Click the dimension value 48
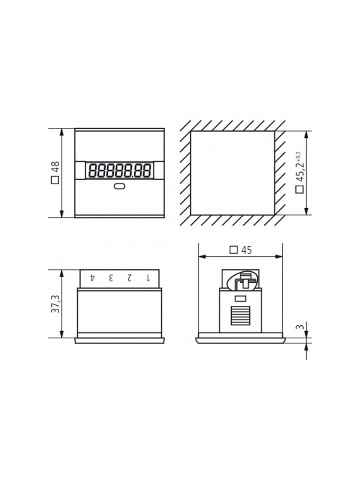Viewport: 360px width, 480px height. pyautogui.click(x=55, y=167)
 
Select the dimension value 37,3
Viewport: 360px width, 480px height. pyautogui.click(x=55, y=304)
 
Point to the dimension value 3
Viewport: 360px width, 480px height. pyautogui.click(x=300, y=327)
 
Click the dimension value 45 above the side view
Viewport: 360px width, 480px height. pyautogui.click(x=246, y=250)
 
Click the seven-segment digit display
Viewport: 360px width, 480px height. pyautogui.click(x=120, y=171)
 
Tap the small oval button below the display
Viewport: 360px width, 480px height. pyautogui.click(x=120, y=186)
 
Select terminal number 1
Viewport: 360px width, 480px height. pyautogui.click(x=148, y=278)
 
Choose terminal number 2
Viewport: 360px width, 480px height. pyautogui.click(x=130, y=278)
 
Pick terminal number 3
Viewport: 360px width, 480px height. pyautogui.click(x=111, y=278)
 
